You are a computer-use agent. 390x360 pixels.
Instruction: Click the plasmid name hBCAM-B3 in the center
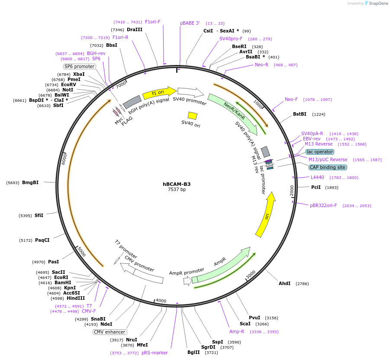click(177, 184)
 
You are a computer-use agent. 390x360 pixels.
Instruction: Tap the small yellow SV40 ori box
click(193, 116)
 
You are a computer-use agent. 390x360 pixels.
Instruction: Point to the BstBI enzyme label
click(300, 114)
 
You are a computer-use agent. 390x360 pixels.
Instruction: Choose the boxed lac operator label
click(319, 152)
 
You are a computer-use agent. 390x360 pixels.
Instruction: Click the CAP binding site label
click(328, 167)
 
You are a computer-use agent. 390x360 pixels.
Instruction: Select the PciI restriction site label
click(316, 188)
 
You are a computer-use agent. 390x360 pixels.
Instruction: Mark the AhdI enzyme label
click(284, 284)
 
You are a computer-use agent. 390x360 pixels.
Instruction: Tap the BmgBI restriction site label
click(30, 183)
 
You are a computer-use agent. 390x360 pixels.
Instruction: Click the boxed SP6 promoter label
click(79, 67)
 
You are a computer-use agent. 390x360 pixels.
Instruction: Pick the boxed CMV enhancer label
click(109, 332)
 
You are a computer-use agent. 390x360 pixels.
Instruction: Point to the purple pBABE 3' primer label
click(190, 23)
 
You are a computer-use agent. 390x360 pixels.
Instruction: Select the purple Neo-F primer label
click(291, 100)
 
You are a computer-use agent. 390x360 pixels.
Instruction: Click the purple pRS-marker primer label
click(155, 353)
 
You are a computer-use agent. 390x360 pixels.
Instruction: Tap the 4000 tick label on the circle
click(161, 301)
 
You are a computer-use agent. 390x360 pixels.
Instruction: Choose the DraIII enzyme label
click(135, 30)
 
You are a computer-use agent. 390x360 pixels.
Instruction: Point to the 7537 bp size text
click(177, 190)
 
